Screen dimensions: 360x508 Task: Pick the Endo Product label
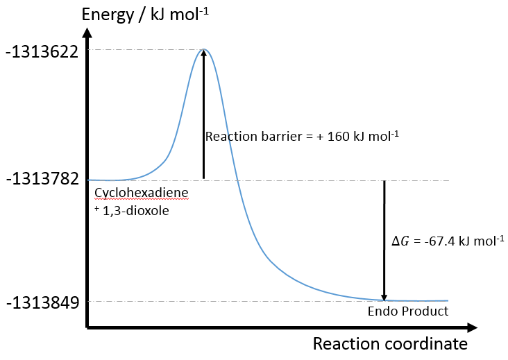click(407, 311)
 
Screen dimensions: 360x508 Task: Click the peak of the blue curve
click(203, 49)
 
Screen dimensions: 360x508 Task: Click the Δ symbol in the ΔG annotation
click(396, 241)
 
